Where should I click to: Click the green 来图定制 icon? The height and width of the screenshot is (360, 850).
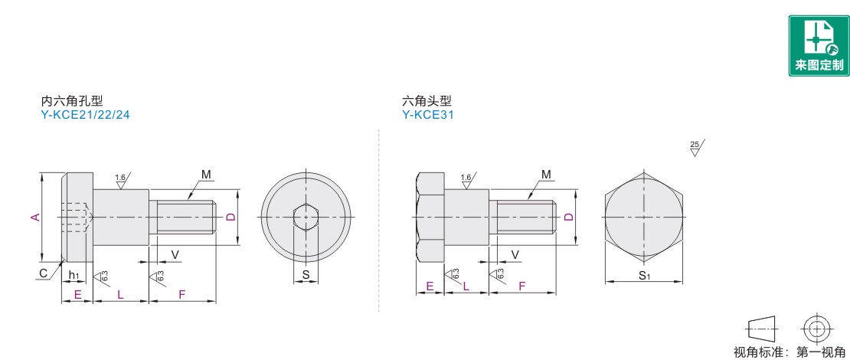819,45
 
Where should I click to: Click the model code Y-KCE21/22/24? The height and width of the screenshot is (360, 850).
86,115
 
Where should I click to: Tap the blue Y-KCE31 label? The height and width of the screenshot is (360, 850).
428,115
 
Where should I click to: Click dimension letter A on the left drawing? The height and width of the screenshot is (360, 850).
35,218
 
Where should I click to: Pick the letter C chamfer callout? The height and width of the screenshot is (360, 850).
43,273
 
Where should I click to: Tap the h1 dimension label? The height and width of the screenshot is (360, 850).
74,276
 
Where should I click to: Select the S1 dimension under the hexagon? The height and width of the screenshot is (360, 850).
644,276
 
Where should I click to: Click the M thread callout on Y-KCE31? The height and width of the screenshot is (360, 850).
546,175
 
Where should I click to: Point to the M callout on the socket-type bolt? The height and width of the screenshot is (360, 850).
206,175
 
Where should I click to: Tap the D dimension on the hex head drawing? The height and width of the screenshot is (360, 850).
568,217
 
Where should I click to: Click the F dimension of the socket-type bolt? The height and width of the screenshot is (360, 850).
182,295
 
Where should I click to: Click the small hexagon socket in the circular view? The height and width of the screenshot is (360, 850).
306,218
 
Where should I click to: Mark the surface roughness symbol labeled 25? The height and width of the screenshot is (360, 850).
697,148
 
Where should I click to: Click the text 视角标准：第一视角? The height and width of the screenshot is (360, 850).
790,352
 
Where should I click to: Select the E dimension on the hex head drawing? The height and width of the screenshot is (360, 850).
430,287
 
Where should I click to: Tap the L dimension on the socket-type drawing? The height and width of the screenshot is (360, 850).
120,295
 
